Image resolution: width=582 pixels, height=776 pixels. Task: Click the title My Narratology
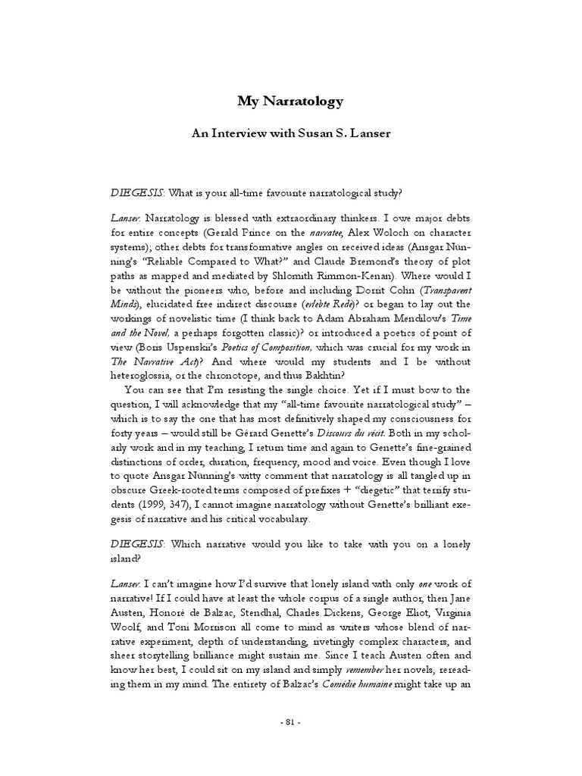(x=291, y=100)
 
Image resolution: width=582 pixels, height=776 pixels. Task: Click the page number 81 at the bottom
(x=291, y=743)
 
